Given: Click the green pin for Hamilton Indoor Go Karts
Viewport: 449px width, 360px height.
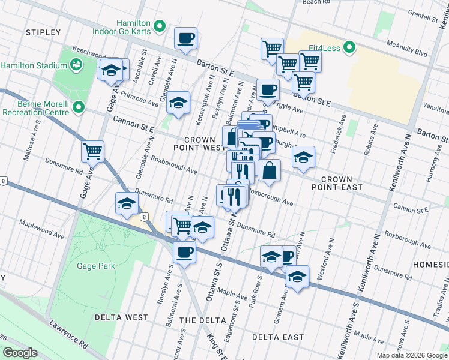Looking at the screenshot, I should (x=160, y=26).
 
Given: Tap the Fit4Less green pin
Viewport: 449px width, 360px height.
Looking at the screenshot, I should (x=351, y=47).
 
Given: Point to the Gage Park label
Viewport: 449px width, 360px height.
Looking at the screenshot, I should (x=91, y=265).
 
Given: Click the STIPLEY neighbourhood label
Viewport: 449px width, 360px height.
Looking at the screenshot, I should (x=44, y=32).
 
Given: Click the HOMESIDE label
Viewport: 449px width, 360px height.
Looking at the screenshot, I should (x=430, y=264).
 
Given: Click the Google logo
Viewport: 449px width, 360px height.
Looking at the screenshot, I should (x=20, y=353).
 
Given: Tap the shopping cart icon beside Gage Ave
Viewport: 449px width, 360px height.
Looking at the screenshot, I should (x=93, y=151).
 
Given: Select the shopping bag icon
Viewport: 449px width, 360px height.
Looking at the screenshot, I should (x=270, y=170).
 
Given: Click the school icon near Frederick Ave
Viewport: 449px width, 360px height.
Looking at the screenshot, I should (x=303, y=157).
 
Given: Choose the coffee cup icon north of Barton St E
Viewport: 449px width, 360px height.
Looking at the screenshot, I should (x=185, y=38).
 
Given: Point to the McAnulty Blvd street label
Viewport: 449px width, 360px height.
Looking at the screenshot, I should (x=407, y=49).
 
